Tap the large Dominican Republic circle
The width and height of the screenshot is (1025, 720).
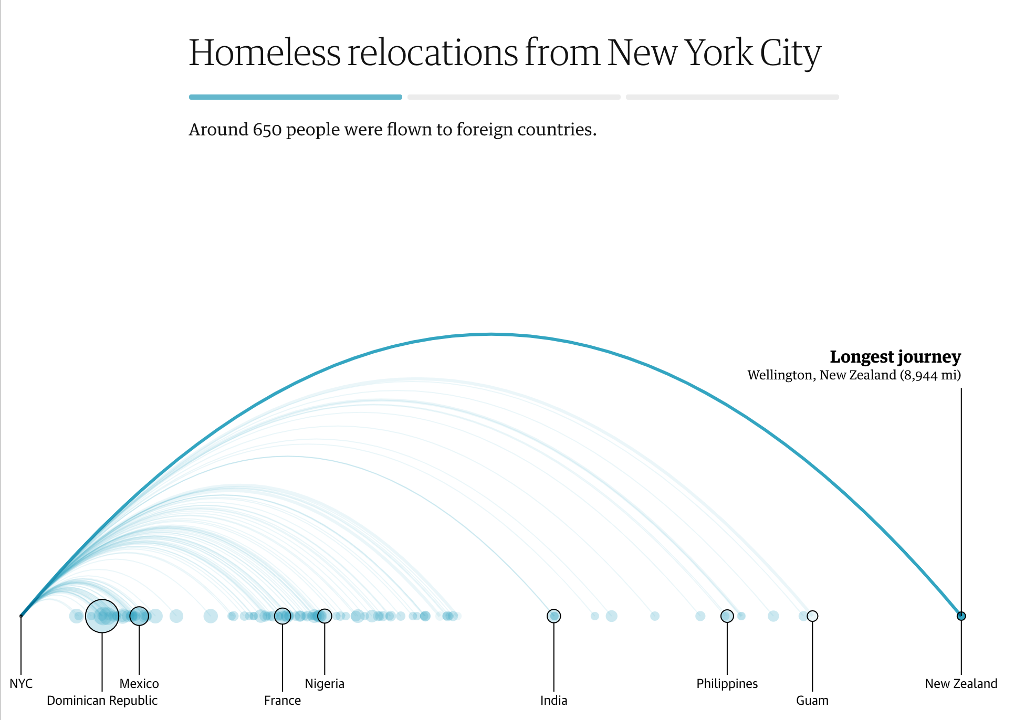[102, 616]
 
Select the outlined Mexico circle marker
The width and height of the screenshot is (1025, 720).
[139, 616]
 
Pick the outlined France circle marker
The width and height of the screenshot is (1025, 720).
[283, 616]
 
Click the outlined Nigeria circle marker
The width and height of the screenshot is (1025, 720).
[325, 616]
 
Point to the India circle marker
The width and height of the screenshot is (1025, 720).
[553, 616]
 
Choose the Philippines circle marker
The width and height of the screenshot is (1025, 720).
[727, 616]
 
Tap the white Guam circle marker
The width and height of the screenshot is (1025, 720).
[812, 616]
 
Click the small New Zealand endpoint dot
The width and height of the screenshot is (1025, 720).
[961, 616]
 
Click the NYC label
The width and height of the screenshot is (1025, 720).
[21, 683]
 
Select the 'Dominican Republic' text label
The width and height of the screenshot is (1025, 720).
[102, 700]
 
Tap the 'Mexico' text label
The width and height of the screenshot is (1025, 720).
[139, 683]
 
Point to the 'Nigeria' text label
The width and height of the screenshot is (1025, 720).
[325, 683]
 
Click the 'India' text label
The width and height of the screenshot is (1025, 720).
[553, 700]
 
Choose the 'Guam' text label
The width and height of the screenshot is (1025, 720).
[812, 700]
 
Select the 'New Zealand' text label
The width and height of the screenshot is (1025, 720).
[961, 683]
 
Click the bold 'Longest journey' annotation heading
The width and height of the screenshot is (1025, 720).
[895, 357]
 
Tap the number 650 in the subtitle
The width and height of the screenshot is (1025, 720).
[267, 129]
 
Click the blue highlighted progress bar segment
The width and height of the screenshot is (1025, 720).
[295, 97]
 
